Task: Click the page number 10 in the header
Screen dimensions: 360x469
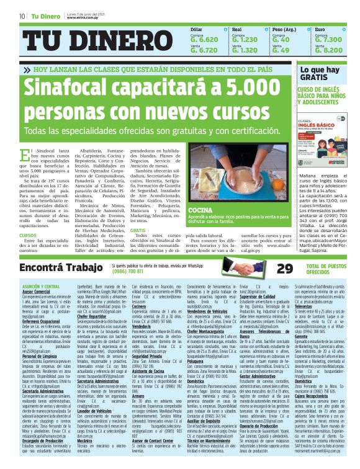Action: click(x=22, y=16)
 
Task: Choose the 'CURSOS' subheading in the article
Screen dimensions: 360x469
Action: click(x=28, y=236)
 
